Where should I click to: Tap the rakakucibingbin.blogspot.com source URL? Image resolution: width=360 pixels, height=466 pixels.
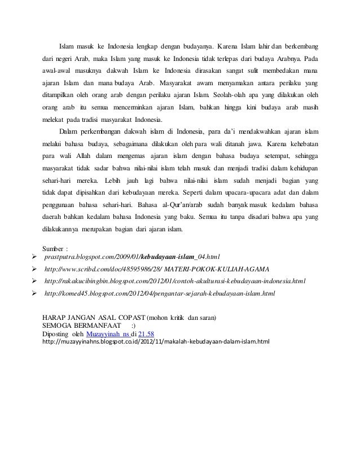point(174,280)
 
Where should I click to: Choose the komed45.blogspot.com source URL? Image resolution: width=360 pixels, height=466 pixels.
point(159,294)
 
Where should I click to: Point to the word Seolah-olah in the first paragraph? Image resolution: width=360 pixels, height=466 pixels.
point(230,94)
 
